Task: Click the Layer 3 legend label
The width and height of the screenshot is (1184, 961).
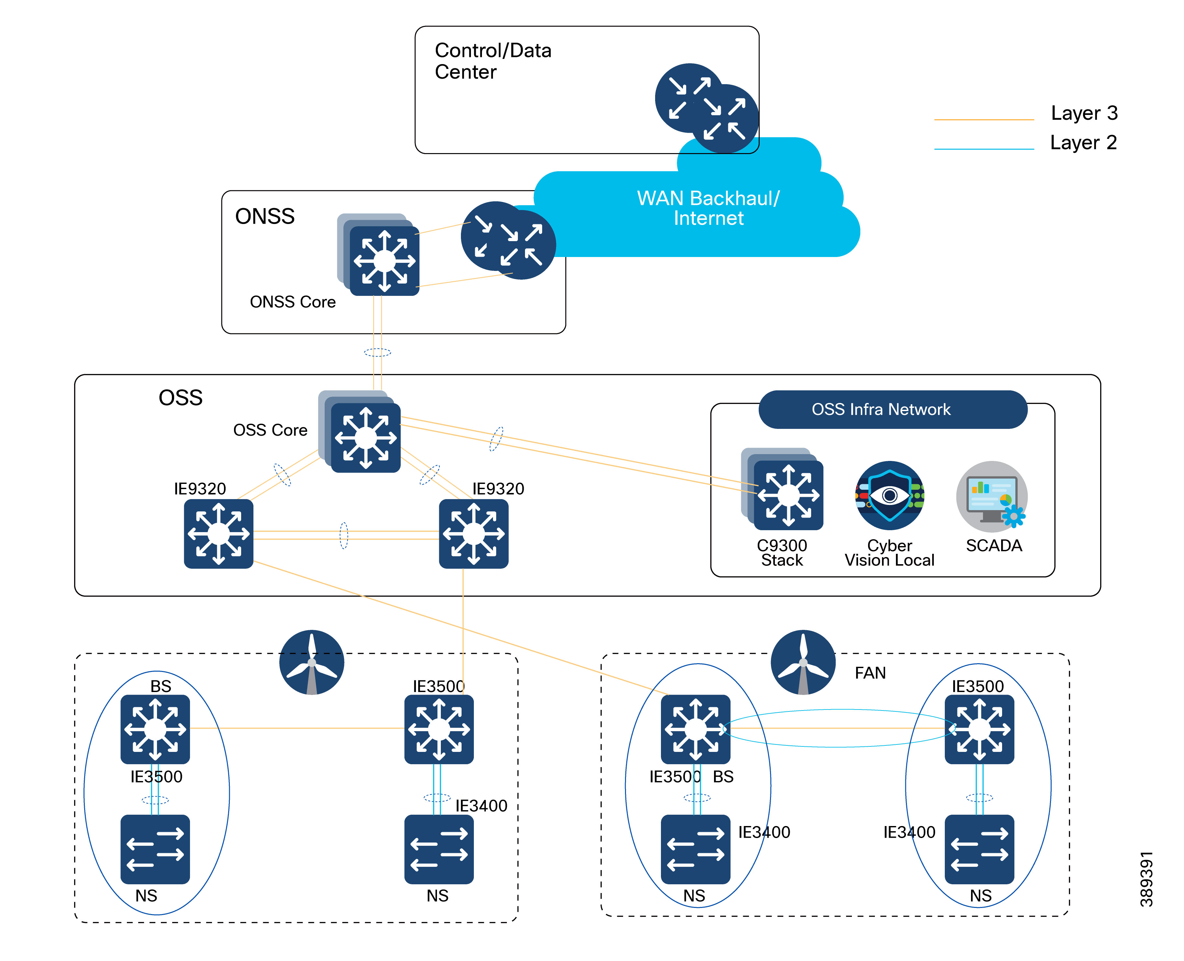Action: click(1083, 113)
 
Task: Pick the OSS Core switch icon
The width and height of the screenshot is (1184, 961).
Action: click(365, 437)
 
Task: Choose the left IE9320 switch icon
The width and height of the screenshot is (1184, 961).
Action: click(219, 533)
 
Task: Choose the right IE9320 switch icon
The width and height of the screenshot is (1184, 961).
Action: click(473, 533)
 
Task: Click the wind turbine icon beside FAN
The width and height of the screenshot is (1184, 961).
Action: click(803, 662)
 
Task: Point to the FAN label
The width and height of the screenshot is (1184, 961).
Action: click(870, 673)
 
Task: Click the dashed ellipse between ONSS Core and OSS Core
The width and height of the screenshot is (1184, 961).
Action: click(377, 352)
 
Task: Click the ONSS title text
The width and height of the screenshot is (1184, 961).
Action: click(264, 217)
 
